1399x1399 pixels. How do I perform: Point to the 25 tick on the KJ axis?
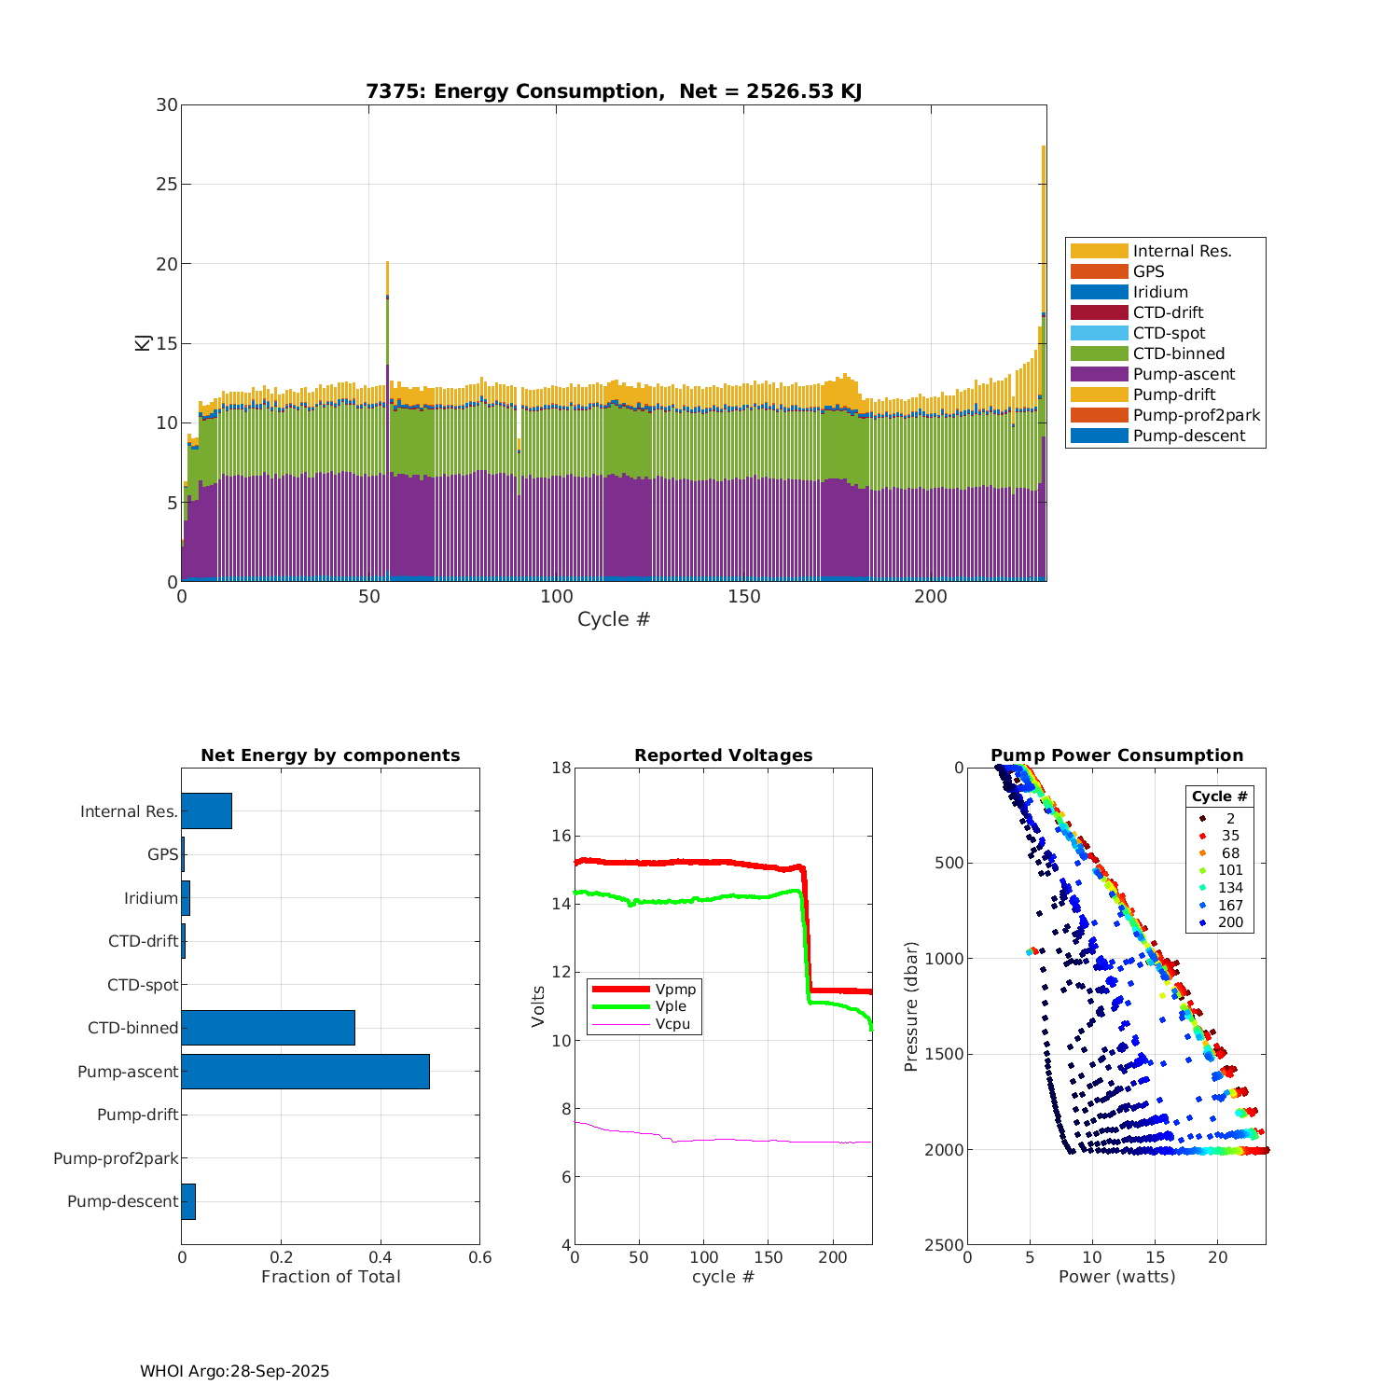pos(167,185)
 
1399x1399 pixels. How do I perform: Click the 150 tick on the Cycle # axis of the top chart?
pos(744,597)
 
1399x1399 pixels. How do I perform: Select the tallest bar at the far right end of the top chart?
pos(1044,373)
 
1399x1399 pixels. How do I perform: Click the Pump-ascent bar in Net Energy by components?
pos(305,1072)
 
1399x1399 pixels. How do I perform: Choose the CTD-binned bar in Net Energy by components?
pos(268,1028)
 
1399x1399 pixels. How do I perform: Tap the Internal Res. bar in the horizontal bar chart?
pos(206,811)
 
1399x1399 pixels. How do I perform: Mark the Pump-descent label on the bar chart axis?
pos(122,1201)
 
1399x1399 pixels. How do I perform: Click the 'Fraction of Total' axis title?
pos(330,1277)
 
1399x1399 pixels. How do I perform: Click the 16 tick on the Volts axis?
pos(560,836)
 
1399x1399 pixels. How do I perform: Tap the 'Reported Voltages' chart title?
pos(723,755)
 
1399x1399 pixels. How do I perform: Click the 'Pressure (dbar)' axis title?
pos(911,1005)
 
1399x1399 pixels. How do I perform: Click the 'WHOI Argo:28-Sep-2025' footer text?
pos(234,1371)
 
